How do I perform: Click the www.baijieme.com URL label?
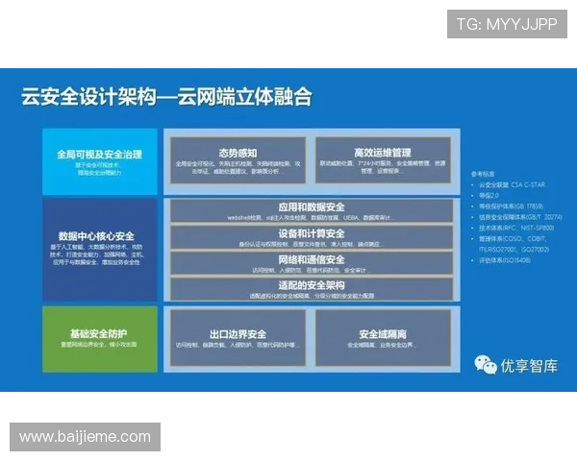pyautogui.click(x=85, y=437)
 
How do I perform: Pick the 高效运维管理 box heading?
pyautogui.click(x=383, y=153)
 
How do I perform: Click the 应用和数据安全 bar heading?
pyautogui.click(x=311, y=207)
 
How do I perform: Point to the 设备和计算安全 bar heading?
pyautogui.click(x=311, y=233)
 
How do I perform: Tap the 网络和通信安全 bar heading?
pyautogui.click(x=311, y=259)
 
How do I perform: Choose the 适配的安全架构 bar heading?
pyautogui.click(x=311, y=284)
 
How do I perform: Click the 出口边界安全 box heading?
pyautogui.click(x=236, y=334)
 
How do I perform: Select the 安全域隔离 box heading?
pyautogui.click(x=384, y=334)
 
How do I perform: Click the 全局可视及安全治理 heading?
pyautogui.click(x=99, y=154)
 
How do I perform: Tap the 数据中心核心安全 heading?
pyautogui.click(x=96, y=236)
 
